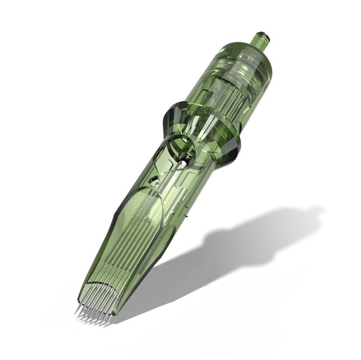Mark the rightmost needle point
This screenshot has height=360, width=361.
point(105,325)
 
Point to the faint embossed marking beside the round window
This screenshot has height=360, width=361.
point(202,156)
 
